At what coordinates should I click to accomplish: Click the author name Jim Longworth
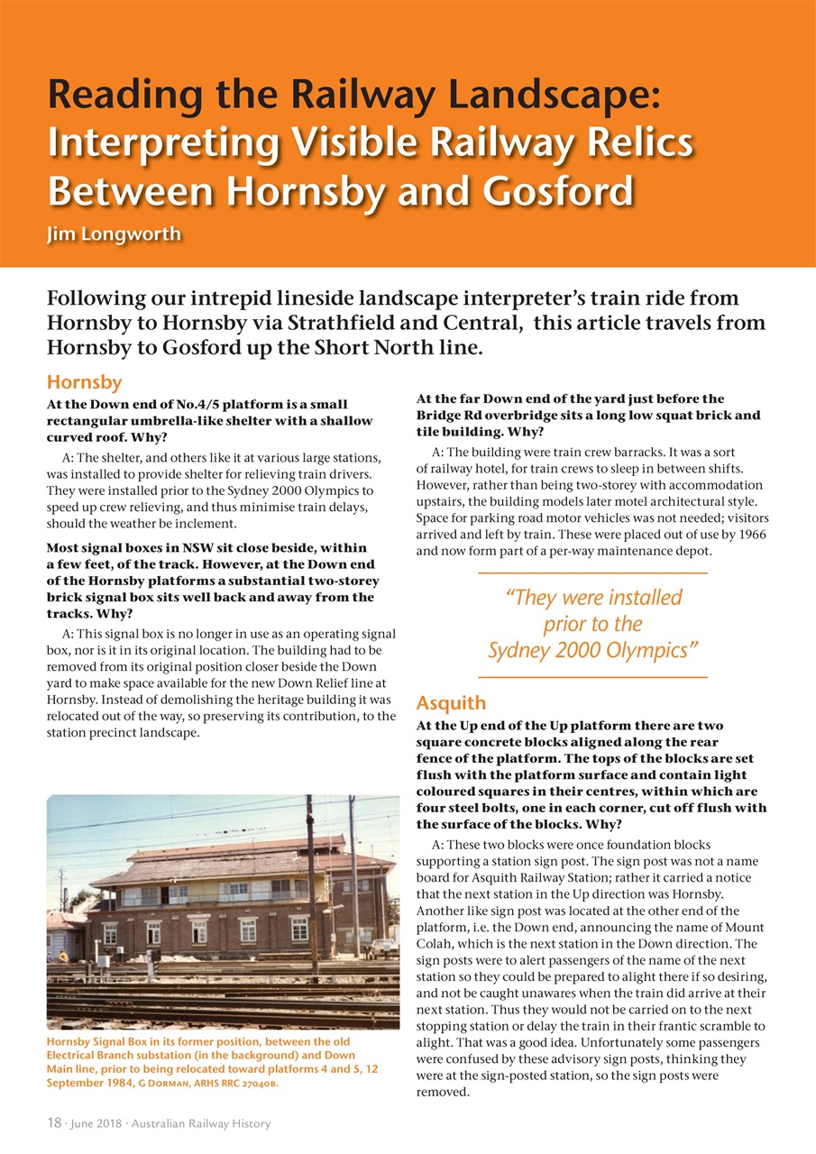click(x=114, y=234)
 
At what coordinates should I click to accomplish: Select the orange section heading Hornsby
click(x=84, y=382)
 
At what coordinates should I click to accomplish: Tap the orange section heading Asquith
click(x=451, y=703)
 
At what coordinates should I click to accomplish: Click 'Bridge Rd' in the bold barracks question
click(x=449, y=415)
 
